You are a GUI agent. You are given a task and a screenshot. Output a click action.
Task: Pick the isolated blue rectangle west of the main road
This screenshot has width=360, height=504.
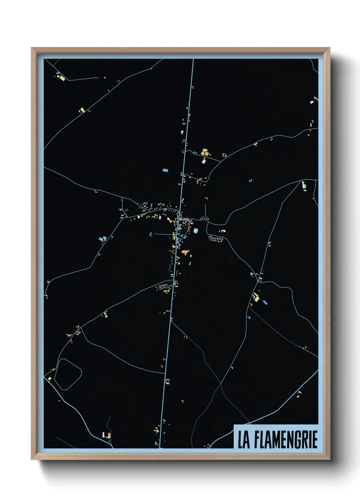[x=165, y=170]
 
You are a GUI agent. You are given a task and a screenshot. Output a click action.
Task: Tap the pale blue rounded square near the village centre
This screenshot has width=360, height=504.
[x=196, y=231]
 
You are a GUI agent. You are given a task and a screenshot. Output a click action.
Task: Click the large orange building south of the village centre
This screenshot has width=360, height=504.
[x=185, y=252]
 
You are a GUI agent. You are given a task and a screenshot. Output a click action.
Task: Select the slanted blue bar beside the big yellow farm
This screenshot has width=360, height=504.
[x=265, y=302]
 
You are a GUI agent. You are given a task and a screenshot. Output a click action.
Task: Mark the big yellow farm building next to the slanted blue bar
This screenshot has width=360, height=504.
[x=257, y=299]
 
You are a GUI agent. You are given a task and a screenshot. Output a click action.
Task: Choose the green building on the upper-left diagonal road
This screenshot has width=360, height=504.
[x=82, y=110]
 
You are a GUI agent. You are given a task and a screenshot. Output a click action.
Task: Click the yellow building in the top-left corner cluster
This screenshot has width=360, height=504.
[x=62, y=78]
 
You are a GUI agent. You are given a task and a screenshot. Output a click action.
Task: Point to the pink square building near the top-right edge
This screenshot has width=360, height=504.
[x=312, y=102]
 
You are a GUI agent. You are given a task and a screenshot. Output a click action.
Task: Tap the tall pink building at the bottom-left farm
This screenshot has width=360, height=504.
[x=103, y=435]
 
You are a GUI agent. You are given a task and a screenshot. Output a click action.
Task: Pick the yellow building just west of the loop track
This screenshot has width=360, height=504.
[x=50, y=379]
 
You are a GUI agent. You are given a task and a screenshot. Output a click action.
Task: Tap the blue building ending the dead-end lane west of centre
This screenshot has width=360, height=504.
[x=151, y=234]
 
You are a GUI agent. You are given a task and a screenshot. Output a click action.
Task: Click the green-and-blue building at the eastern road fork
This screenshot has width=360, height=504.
[x=304, y=186]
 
